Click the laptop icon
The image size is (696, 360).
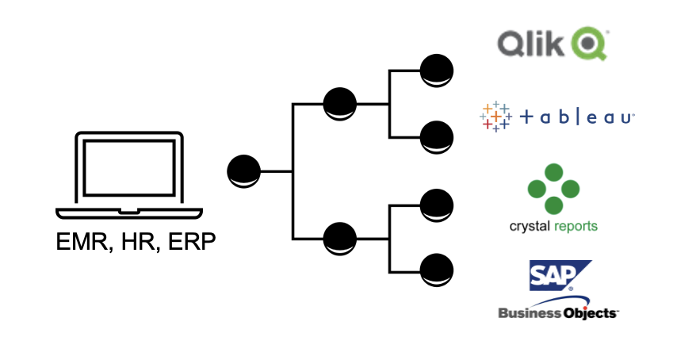(128, 174)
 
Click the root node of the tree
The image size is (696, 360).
(243, 171)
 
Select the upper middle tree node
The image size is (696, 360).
(340, 104)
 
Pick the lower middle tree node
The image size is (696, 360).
(340, 238)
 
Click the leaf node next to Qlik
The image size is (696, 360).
(437, 70)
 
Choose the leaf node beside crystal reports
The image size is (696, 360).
(437, 205)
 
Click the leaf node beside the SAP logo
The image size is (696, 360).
(437, 270)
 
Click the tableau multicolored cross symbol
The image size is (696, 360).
(495, 117)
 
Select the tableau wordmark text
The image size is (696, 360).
(577, 117)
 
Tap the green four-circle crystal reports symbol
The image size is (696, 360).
(554, 188)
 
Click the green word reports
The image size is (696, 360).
(575, 227)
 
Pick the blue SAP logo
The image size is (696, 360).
(560, 276)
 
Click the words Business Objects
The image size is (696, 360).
(558, 312)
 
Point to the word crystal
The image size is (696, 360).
(530, 227)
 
